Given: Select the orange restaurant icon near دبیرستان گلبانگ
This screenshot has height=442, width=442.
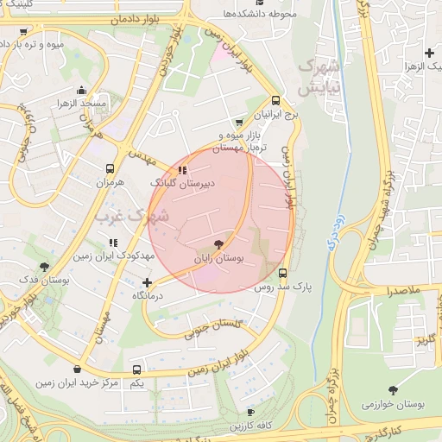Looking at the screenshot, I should (181, 170).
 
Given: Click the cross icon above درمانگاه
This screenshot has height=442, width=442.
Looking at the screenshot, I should (147, 282).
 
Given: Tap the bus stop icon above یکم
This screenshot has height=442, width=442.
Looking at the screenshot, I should (136, 369).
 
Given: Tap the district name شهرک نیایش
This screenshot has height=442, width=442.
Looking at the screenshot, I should (318, 76).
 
